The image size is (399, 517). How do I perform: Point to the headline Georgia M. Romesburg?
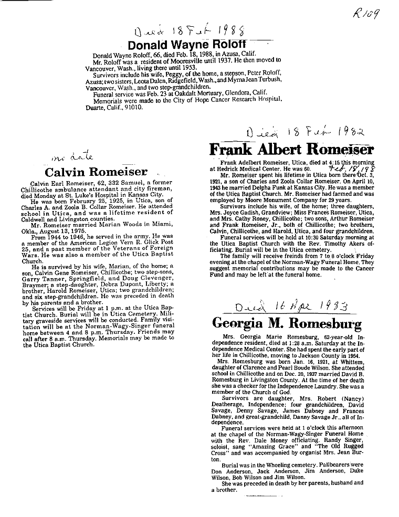click(x=287, y=323)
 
